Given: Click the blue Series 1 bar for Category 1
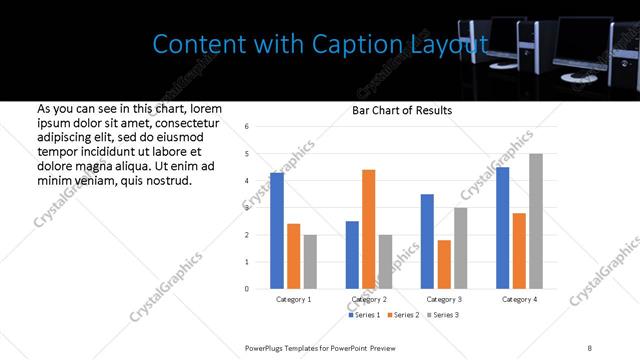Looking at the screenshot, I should (x=277, y=231).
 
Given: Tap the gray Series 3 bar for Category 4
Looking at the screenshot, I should (x=536, y=221).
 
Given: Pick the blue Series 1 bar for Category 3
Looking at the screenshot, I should (x=428, y=241).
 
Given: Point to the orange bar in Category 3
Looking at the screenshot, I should (x=444, y=264).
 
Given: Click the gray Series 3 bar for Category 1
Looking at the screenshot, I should (x=310, y=262).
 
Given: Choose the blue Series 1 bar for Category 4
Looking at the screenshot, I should (x=503, y=228).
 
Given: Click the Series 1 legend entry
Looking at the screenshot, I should (x=364, y=315).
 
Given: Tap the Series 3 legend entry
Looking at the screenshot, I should (x=446, y=315).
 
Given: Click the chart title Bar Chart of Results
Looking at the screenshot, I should (x=402, y=110).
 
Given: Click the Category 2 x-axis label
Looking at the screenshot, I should (x=369, y=299).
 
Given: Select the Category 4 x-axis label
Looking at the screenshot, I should (x=519, y=299).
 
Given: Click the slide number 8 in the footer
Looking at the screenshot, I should (x=590, y=347).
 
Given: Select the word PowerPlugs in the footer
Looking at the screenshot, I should (x=267, y=347).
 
